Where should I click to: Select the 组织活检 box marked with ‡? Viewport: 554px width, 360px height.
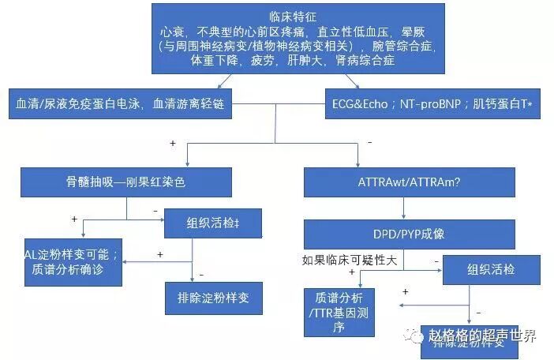211,223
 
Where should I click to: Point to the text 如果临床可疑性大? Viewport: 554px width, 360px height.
348,258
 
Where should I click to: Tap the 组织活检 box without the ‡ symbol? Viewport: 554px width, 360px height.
489,269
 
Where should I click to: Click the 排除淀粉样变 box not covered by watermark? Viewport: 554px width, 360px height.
213,300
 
